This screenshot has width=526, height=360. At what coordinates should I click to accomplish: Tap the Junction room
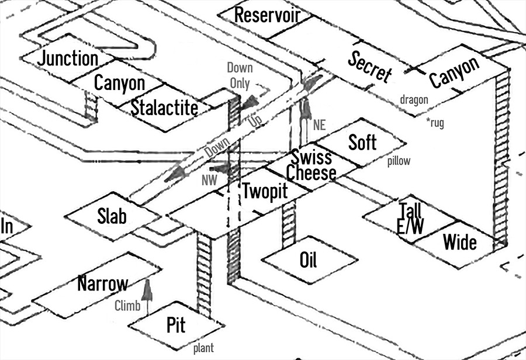coord(68,58)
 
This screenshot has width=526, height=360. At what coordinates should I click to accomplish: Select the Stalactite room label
coord(164,108)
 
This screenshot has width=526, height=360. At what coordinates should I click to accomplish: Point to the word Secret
coord(369,67)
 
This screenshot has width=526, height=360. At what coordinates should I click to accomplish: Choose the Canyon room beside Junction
coord(119,84)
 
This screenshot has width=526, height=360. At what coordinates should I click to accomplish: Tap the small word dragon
coord(414,100)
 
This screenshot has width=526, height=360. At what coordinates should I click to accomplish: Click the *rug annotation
coord(438,124)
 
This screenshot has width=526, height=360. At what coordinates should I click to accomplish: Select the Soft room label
coord(362,142)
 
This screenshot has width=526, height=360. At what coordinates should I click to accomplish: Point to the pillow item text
coord(399,161)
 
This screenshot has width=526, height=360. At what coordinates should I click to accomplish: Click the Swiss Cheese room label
coord(311,165)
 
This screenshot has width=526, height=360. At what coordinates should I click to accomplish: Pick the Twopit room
coord(265,192)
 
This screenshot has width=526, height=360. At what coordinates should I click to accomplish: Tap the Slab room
coord(112,216)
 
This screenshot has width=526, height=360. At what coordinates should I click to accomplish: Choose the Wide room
coord(460,241)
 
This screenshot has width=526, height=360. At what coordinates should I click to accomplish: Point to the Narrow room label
coord(102,285)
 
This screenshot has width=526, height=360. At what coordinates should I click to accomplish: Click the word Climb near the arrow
coord(127,305)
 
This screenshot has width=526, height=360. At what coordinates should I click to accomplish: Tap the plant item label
coord(203,348)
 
